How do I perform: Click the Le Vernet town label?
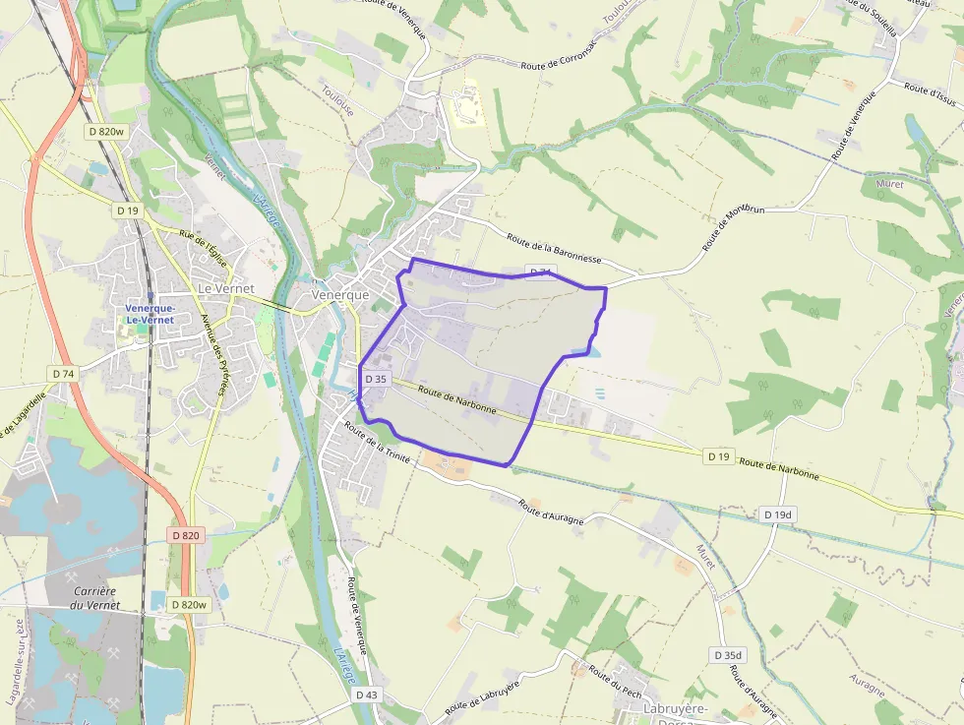[225, 288]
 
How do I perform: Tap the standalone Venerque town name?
[339, 294]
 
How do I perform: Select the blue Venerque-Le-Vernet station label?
[150, 313]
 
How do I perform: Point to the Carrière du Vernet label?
[95, 598]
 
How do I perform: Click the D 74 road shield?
[63, 374]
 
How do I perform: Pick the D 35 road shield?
[376, 378]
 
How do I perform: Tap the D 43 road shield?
[366, 695]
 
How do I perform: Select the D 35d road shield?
[729, 655]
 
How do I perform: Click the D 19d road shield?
[777, 514]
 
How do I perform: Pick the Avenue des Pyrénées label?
[213, 355]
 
